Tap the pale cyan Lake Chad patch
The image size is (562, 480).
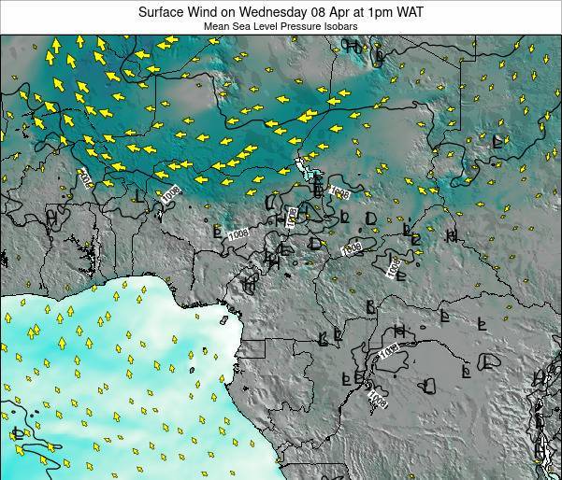coord(302,165)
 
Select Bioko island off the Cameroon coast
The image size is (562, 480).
coord(224,319)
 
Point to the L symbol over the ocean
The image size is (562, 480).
coord(18,432)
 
